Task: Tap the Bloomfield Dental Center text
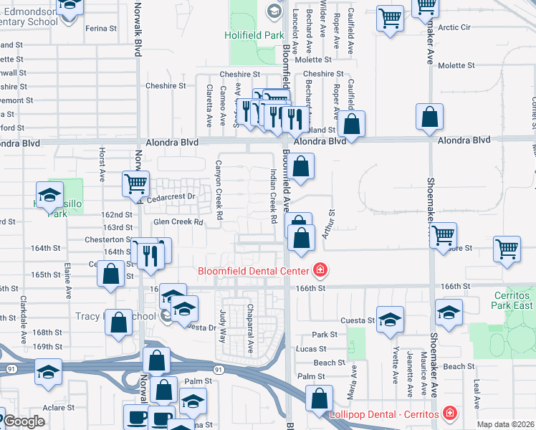point(254,271)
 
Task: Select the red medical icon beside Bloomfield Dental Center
point(320,270)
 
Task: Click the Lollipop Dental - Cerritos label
point(384,415)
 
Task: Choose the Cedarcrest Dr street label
point(171,196)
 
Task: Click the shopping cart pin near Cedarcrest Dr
point(135,183)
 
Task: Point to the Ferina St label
point(101,29)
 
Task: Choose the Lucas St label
point(312,349)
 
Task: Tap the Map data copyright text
point(506,424)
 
